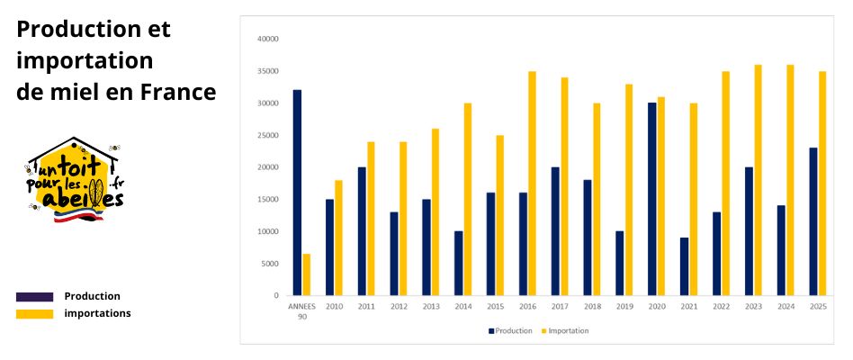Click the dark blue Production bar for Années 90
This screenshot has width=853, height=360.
(297, 193)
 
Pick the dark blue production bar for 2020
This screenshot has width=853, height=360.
(651, 199)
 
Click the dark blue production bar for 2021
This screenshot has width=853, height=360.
(684, 266)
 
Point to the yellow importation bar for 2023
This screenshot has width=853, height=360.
(758, 180)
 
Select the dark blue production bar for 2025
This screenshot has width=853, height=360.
(813, 221)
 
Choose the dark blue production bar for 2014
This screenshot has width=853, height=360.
(458, 263)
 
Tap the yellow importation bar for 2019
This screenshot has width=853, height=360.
(628, 190)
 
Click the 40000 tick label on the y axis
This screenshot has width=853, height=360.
(268, 39)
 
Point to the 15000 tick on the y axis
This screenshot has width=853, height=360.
(268, 199)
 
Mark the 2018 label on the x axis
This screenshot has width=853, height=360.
(592, 306)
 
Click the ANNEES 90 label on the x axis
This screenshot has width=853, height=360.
(302, 310)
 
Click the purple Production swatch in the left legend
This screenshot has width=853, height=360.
(34, 296)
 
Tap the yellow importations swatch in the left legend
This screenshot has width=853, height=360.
(34, 313)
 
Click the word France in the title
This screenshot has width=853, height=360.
(177, 92)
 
